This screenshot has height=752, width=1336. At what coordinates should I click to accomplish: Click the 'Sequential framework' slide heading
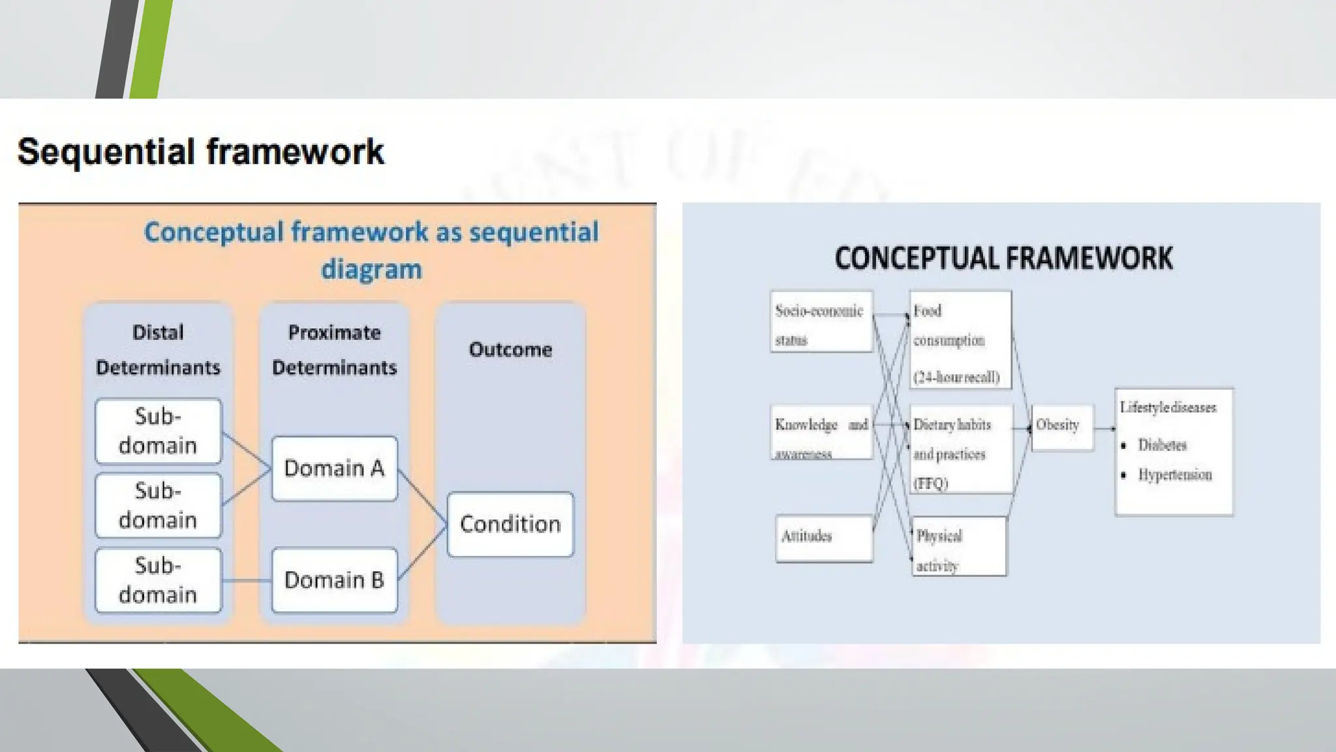(200, 152)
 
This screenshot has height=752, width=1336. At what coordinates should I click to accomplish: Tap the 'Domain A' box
(334, 469)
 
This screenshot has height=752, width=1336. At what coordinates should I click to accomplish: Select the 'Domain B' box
(334, 580)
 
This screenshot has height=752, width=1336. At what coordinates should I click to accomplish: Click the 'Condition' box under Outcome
(510, 524)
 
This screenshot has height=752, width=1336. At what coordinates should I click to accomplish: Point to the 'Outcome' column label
(510, 350)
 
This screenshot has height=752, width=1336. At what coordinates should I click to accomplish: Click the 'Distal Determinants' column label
(158, 350)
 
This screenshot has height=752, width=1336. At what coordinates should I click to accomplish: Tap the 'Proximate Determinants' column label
(334, 350)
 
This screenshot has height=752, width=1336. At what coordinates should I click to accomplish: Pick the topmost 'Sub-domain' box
(159, 431)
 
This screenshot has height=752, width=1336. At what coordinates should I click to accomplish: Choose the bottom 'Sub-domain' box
(159, 580)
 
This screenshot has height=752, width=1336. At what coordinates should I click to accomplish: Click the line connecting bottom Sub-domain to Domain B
(247, 580)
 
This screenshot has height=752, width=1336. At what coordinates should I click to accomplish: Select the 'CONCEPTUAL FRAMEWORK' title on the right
(1003, 258)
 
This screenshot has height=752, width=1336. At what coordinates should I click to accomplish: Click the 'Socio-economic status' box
(821, 322)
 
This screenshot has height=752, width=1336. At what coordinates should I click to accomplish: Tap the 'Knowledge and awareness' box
(821, 432)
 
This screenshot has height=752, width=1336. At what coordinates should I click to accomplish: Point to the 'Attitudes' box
(824, 538)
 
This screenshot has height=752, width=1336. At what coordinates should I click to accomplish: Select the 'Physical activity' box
(958, 546)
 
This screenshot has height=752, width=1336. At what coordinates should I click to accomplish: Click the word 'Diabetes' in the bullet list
(1162, 445)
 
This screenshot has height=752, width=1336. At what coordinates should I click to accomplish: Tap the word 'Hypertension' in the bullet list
(1174, 475)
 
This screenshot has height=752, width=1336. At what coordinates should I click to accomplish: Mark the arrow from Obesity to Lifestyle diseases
(1104, 429)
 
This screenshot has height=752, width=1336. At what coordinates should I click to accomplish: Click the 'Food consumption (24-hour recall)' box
(960, 340)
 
